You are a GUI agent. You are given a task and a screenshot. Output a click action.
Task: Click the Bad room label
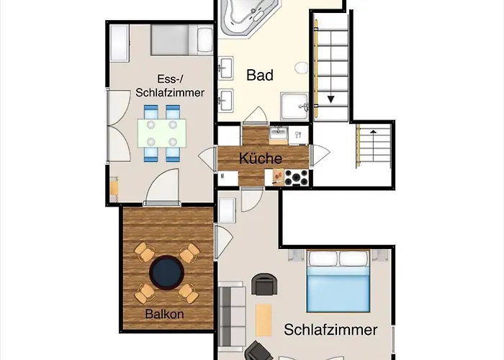(x=260, y=75)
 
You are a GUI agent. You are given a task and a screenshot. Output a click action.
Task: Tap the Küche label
(x=261, y=158)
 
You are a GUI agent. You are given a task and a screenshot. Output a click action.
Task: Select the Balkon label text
(x=164, y=314)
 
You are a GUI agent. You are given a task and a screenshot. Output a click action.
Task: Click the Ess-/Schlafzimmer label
(x=170, y=86)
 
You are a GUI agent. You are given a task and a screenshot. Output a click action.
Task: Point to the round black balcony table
(x=167, y=273)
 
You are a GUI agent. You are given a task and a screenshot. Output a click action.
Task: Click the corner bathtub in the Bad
(x=249, y=16)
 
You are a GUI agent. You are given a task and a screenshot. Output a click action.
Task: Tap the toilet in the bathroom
(x=301, y=68)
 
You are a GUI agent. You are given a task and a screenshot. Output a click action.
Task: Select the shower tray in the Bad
(x=294, y=107)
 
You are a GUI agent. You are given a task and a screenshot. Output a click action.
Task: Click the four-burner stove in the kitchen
(x=297, y=177)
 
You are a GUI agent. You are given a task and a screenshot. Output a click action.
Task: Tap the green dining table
(x=162, y=133)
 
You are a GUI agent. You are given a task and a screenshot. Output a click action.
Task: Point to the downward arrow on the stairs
(x=330, y=99)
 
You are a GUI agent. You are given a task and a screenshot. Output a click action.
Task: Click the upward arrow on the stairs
(x=373, y=132)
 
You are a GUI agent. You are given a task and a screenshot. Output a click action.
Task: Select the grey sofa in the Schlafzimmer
(x=231, y=317)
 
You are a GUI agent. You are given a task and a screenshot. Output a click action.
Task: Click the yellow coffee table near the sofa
(x=264, y=320)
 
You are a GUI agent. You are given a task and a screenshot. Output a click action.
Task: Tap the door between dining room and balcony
(x=162, y=186)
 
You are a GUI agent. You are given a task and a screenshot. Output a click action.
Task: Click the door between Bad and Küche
(x=255, y=115)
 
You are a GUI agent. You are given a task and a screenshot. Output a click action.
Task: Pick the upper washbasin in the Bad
(x=226, y=68)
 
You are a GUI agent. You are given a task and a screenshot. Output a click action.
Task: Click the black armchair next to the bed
(x=264, y=284)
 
